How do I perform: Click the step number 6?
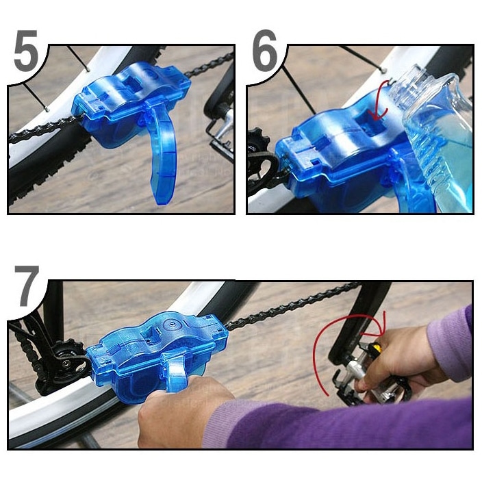click(x=266, y=51)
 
